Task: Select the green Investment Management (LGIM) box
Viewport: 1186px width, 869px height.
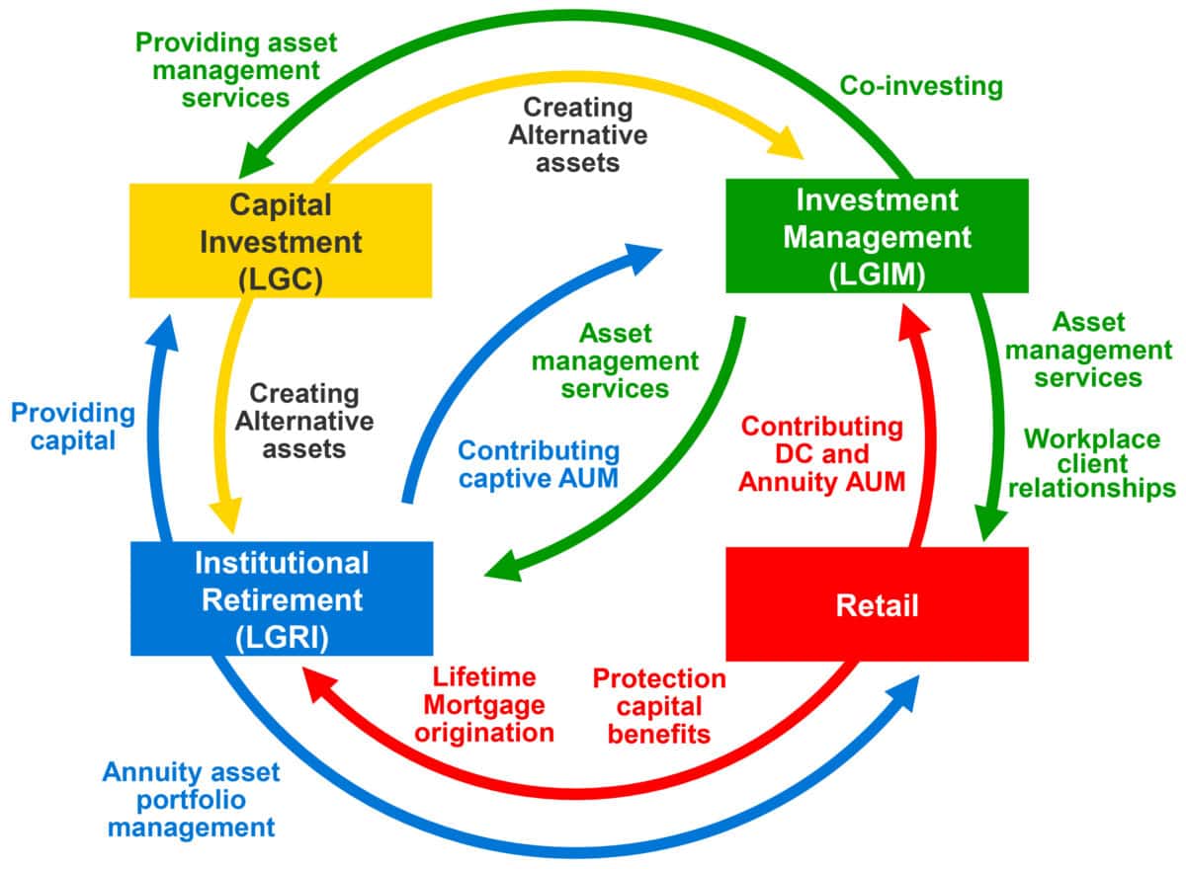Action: (x=877, y=236)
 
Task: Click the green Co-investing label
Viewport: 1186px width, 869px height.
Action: (x=921, y=87)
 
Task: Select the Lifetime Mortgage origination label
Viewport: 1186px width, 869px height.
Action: (x=484, y=705)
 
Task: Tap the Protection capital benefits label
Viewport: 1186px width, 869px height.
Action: (x=658, y=705)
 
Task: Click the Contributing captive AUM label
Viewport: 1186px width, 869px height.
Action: (x=539, y=465)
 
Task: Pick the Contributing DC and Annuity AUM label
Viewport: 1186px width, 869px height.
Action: (x=822, y=454)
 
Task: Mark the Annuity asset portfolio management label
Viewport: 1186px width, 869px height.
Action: (x=192, y=798)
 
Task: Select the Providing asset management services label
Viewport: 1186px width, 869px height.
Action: (x=235, y=69)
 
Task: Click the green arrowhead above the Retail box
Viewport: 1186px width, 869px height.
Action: (x=990, y=523)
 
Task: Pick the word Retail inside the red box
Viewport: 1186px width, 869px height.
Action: (x=877, y=604)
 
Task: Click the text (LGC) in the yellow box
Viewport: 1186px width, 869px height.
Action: (x=281, y=277)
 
